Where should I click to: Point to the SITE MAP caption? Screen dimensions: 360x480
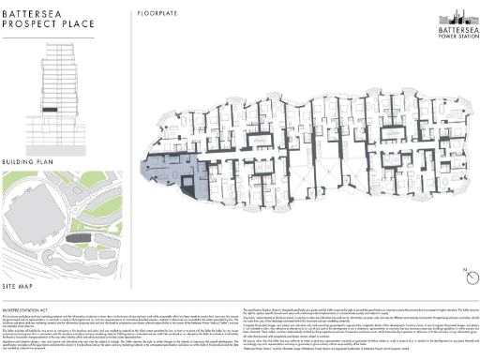20,281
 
